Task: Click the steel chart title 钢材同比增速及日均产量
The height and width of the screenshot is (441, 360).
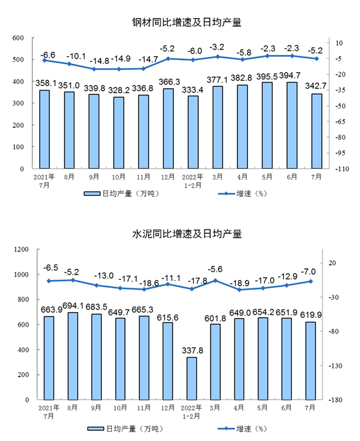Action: click(187, 23)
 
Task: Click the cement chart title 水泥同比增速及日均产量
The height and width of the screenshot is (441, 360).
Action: click(187, 234)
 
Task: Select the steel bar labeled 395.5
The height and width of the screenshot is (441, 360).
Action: click(267, 126)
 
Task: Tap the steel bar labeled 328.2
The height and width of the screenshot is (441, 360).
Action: click(119, 133)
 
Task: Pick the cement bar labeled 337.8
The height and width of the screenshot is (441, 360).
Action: click(192, 378)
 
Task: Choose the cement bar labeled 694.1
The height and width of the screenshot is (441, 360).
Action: click(72, 356)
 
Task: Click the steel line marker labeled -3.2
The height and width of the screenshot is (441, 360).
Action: click(217, 57)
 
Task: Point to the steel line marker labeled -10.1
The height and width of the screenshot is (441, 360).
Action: click(69, 64)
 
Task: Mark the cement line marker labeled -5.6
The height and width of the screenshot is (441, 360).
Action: click(215, 280)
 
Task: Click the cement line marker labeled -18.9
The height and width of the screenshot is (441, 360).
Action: click(239, 290)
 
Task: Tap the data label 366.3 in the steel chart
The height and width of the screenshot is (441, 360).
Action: click(169, 82)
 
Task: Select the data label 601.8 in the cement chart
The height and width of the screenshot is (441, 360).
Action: click(215, 318)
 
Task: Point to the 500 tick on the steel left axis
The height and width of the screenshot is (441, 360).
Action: click(18, 59)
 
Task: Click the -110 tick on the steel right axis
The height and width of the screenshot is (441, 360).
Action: click(342, 169)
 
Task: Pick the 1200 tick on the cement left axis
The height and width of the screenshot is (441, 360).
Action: click(21, 249)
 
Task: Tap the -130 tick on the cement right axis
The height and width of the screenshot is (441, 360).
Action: click(335, 366)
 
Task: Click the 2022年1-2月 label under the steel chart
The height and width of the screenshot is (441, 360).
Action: click(192, 181)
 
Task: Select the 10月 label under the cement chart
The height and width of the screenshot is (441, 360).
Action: click(120, 407)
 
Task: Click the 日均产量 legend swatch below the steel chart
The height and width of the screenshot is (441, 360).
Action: click(92, 193)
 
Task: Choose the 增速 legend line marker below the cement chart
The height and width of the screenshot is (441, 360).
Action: click(226, 428)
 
